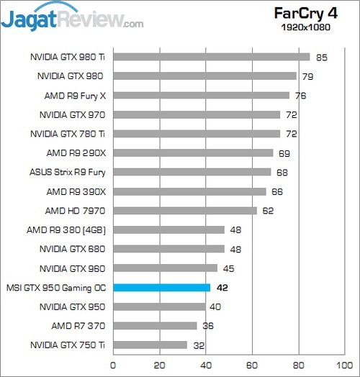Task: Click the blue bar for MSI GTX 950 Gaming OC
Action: coord(161,287)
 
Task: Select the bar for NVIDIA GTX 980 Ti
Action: coord(211,57)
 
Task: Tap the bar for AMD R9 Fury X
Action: coord(201,95)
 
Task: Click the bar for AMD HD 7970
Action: coord(184,210)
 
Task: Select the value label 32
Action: coord(198,345)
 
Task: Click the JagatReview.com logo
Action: coord(72,16)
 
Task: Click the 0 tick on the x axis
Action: coord(113,365)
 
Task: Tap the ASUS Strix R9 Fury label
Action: coord(65,172)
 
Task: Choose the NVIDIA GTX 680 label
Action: coord(71,249)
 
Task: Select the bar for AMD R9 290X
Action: coord(193,153)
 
